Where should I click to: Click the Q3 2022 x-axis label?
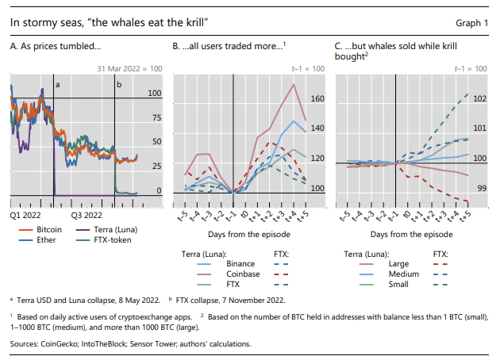[x=86, y=215]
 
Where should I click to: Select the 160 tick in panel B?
[x=317, y=100]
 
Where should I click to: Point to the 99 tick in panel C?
[x=479, y=189]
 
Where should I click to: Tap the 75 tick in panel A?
[x=156, y=119]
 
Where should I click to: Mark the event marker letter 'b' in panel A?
[x=119, y=84]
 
